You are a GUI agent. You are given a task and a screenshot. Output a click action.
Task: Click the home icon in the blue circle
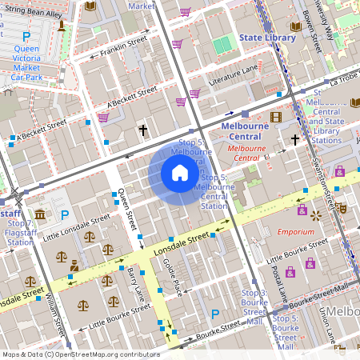tap(180, 173)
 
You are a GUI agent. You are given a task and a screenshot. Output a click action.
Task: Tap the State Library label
tap(267, 37)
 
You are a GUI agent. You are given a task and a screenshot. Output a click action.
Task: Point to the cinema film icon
tap(276, 118)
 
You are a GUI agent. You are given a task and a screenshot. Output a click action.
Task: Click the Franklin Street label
tap(123, 46)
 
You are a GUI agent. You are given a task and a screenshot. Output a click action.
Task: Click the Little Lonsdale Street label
tap(77, 227)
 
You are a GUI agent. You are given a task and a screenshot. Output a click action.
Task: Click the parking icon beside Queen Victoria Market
tap(26, 37)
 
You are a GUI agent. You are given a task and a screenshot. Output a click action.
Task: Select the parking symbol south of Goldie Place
tap(214, 314)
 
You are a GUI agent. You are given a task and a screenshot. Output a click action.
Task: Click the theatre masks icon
tap(342, 207)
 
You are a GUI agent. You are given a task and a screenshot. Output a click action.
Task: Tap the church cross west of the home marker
tap(143, 130)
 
